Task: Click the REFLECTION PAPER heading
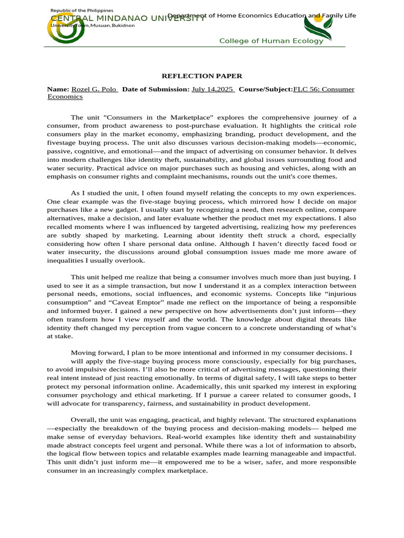[201, 76]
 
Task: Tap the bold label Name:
[58, 89]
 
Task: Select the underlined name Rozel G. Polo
[95, 89]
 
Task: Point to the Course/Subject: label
[266, 89]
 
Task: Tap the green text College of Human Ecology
[271, 41]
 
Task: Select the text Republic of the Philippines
[81, 11]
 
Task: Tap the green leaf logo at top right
[318, 27]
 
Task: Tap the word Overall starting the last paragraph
[85, 420]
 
